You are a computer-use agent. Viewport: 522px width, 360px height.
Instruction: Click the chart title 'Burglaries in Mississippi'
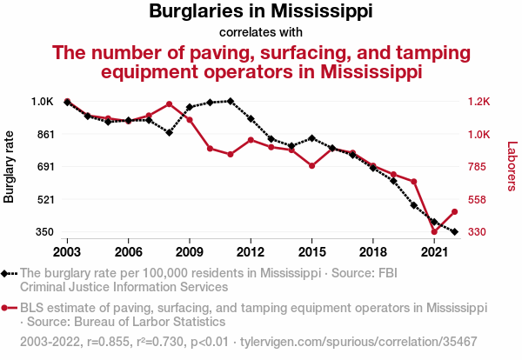pos(261,12)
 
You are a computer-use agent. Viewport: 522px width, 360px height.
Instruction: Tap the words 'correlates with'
pos(261,32)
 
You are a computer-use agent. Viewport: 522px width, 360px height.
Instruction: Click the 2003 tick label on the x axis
pos(67,251)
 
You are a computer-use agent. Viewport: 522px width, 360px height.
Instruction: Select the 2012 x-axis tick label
pos(251,251)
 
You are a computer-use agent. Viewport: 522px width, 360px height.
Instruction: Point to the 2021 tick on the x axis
pos(434,251)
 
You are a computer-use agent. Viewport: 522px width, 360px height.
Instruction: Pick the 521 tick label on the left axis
pos(44,199)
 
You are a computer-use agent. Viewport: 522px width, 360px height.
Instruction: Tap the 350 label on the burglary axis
pos(44,232)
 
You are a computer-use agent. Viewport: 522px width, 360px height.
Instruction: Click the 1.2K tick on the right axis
pos(480,102)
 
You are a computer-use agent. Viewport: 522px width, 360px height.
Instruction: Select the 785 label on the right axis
pos(478,167)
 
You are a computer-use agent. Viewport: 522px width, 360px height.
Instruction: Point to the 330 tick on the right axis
pos(478,232)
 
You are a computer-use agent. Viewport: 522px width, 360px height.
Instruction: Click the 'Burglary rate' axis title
pos(10,166)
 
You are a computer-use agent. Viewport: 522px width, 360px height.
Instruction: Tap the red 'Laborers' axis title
pos(512,166)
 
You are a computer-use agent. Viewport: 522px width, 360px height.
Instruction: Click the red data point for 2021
pos(434,231)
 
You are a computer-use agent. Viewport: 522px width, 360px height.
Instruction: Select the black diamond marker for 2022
pos(454,231)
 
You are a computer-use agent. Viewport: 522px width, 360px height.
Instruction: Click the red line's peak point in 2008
pos(169,104)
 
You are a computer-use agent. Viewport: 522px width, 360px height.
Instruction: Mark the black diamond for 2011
pos(230,101)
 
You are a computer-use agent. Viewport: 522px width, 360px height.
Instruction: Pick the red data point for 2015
pos(311,165)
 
